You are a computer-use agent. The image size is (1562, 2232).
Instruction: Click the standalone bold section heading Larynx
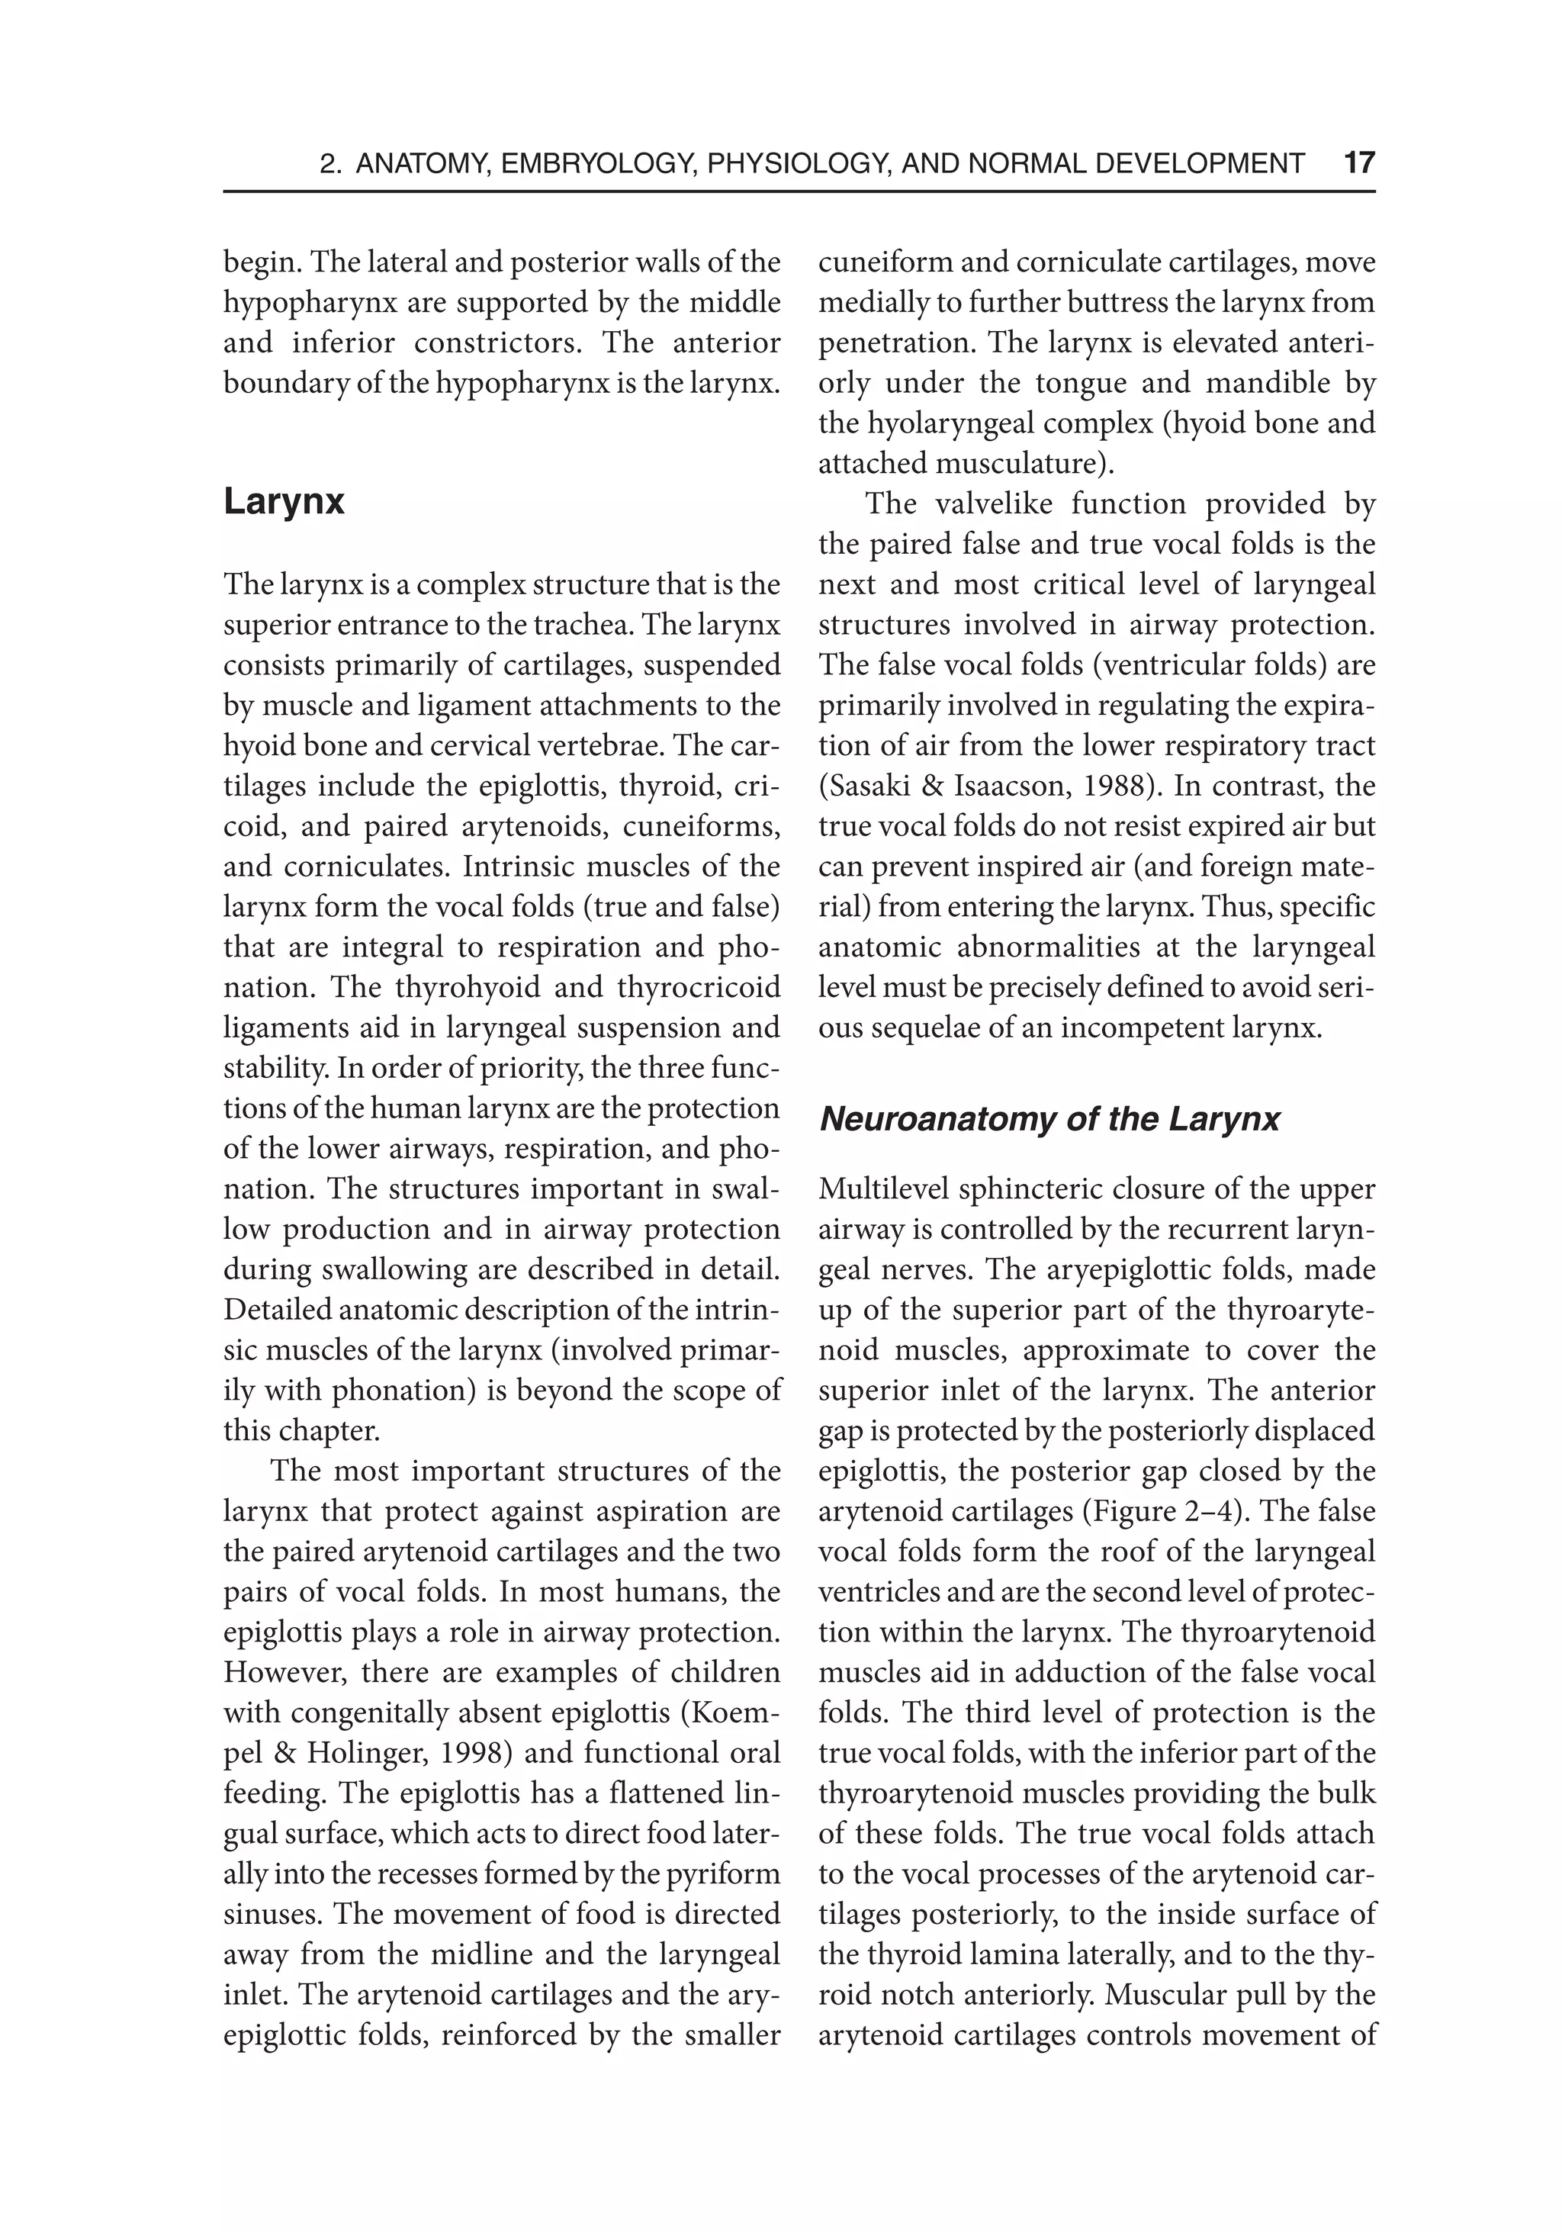tap(284, 503)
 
